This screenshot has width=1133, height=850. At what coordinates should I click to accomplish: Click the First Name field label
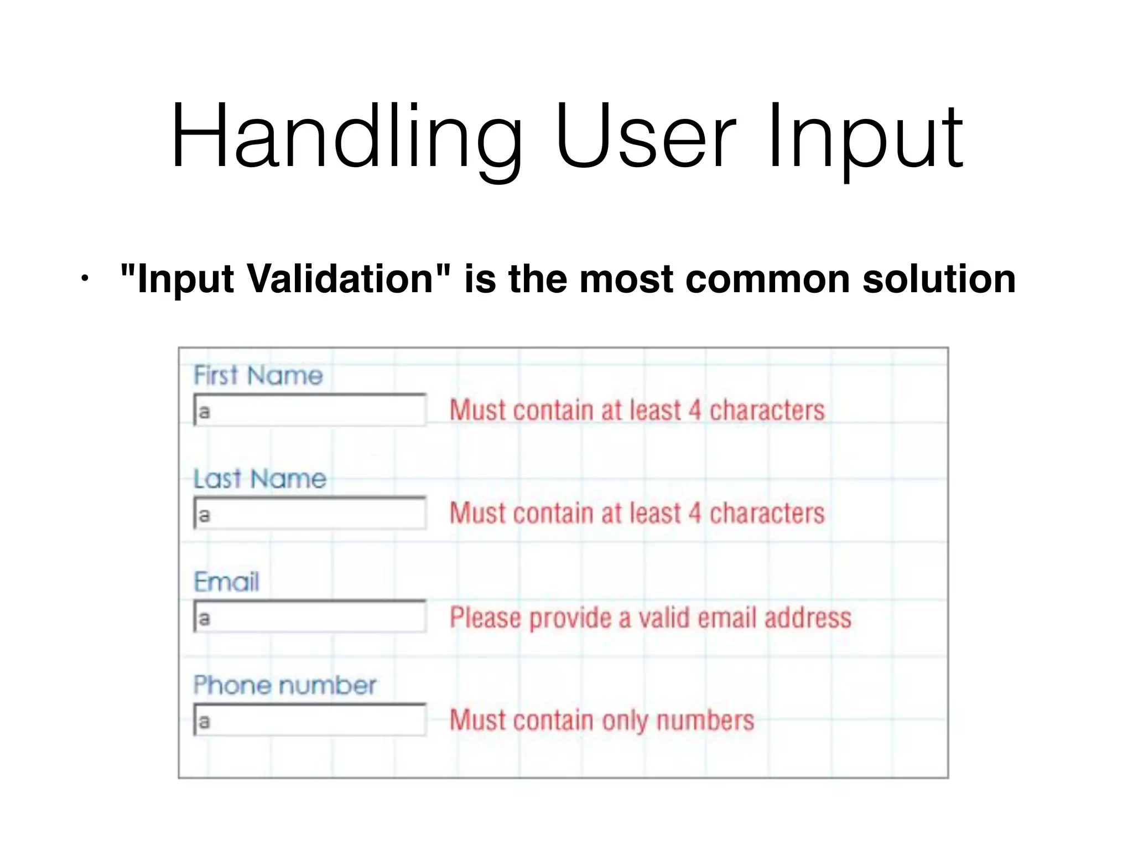pos(258,375)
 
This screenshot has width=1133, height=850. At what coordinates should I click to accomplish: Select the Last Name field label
pos(259,479)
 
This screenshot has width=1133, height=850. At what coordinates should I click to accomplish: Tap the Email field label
pos(226,582)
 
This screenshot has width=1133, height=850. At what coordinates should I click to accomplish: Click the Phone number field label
pos(284,685)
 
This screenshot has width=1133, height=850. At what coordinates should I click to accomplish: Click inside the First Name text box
pos(310,411)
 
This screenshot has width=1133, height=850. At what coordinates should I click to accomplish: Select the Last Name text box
pos(310,514)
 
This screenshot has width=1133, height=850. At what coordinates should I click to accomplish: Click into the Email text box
pos(310,617)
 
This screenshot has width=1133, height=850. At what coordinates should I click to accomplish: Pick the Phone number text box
pos(310,721)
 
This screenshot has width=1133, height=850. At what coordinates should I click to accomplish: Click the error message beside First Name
pos(637,411)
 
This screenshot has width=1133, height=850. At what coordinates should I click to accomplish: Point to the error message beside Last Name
pos(637,514)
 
